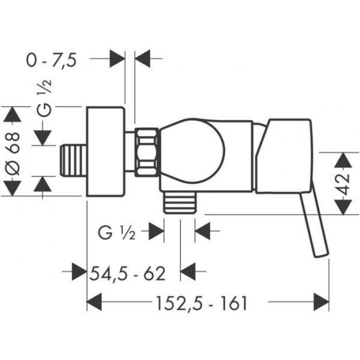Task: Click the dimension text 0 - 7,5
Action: coord(51,61)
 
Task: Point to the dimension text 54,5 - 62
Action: coord(127,274)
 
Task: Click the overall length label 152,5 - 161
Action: coord(202,303)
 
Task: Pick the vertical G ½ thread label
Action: coord(44,98)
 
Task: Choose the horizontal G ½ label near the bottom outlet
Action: coord(116,233)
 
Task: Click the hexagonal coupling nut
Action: coord(147,152)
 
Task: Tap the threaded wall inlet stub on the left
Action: coord(73,161)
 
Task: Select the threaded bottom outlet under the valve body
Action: coord(179,202)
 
